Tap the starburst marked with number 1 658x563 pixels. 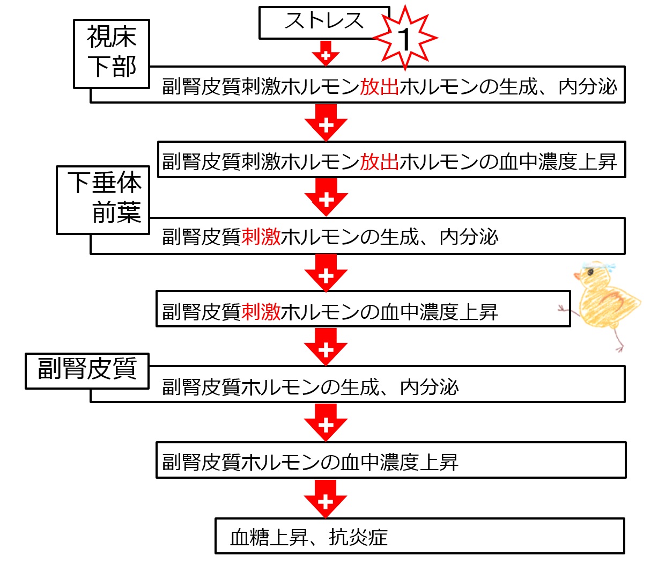405,38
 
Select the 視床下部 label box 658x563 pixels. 112,53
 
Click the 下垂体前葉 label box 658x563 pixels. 103,199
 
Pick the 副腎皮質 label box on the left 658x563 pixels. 87,370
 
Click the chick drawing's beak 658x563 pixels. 578,276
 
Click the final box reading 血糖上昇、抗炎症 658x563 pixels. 419,536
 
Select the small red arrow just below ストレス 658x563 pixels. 326,54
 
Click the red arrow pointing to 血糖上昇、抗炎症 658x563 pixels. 326,499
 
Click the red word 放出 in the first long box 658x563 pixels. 379,86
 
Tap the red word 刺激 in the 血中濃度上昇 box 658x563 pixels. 261,311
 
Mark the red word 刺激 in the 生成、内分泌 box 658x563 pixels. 261,236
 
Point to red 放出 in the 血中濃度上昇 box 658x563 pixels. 379,161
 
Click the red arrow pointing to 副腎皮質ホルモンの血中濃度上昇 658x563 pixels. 326,423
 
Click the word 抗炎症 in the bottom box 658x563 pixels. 358,537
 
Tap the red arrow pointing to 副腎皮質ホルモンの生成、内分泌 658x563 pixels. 326,347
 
